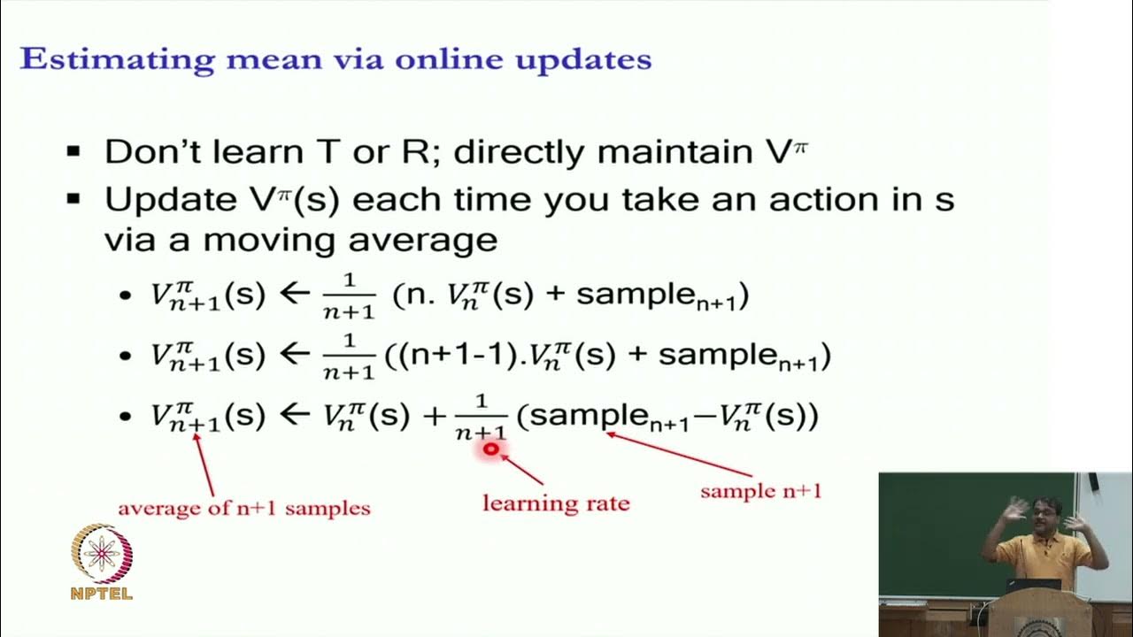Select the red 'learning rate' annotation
pos(556,503)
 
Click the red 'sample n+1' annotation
pos(760,490)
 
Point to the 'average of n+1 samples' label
pos(244,508)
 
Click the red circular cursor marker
pos(490,449)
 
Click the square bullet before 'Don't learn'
pos(74,152)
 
